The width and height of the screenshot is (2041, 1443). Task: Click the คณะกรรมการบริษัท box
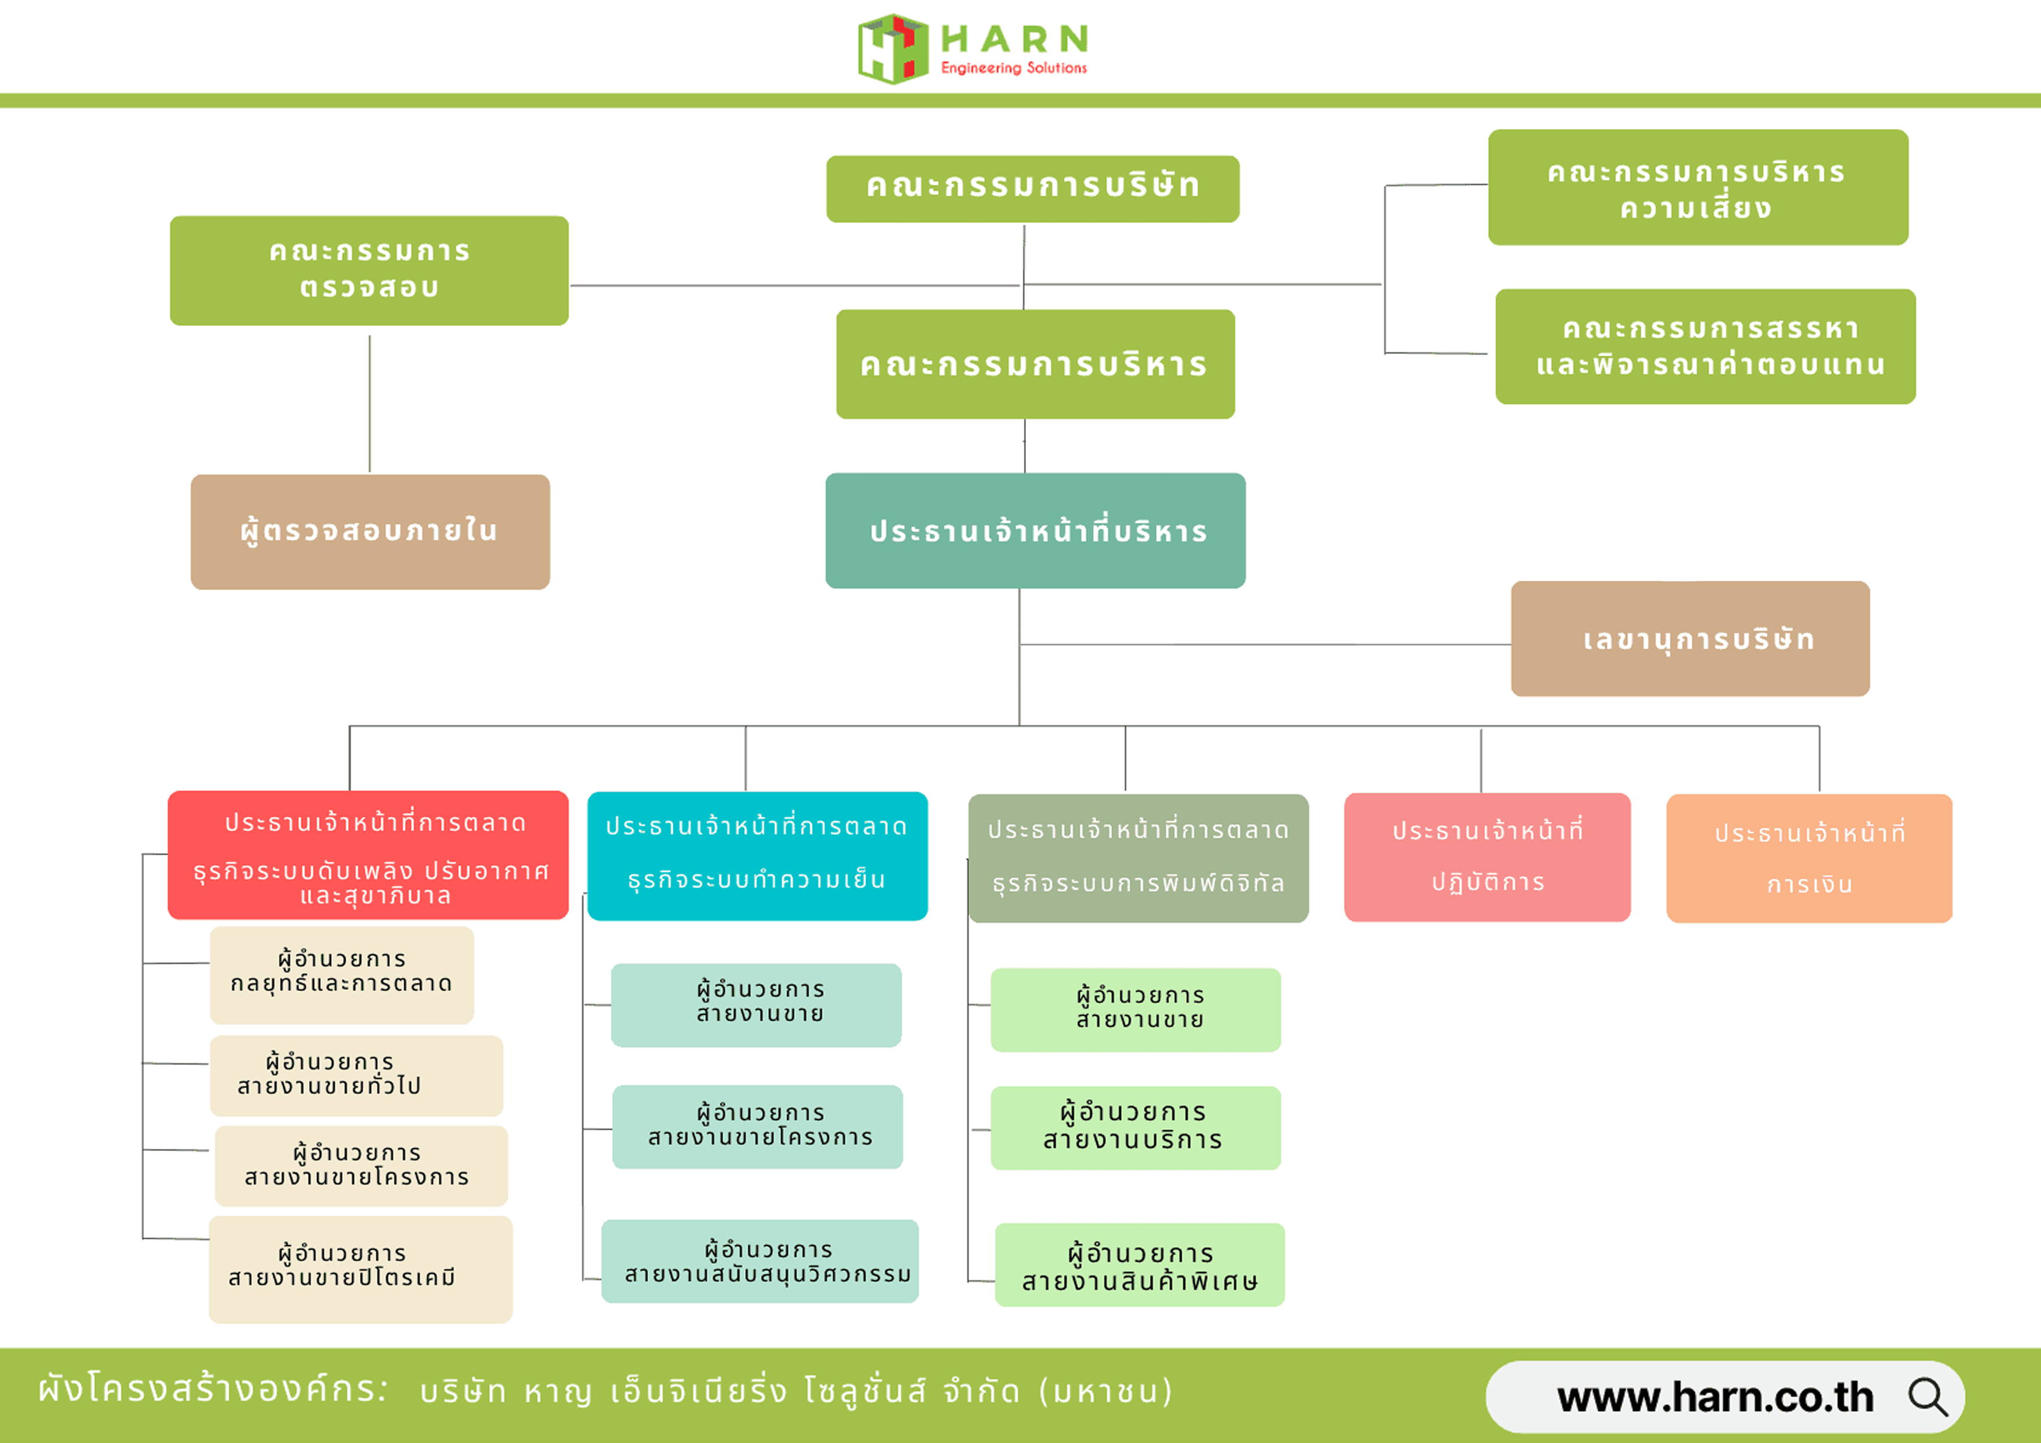[1032, 189]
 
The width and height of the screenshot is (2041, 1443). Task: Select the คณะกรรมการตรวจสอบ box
[369, 271]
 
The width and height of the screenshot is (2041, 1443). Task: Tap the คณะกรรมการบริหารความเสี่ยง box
[1697, 187]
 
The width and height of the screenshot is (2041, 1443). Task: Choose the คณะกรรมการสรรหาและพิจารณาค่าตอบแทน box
[1704, 347]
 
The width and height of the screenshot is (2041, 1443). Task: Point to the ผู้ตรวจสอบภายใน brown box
[370, 532]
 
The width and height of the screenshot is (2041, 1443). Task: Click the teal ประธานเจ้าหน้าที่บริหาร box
[1034, 531]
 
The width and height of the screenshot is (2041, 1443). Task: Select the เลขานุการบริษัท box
[1689, 638]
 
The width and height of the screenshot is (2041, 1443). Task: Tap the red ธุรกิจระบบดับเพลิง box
[368, 854]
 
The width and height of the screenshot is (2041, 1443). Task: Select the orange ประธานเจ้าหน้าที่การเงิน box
[1808, 858]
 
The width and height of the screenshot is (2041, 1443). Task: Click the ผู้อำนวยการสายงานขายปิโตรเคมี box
[360, 1269]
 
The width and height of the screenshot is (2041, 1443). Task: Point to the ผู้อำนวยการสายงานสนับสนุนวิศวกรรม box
[759, 1261]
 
